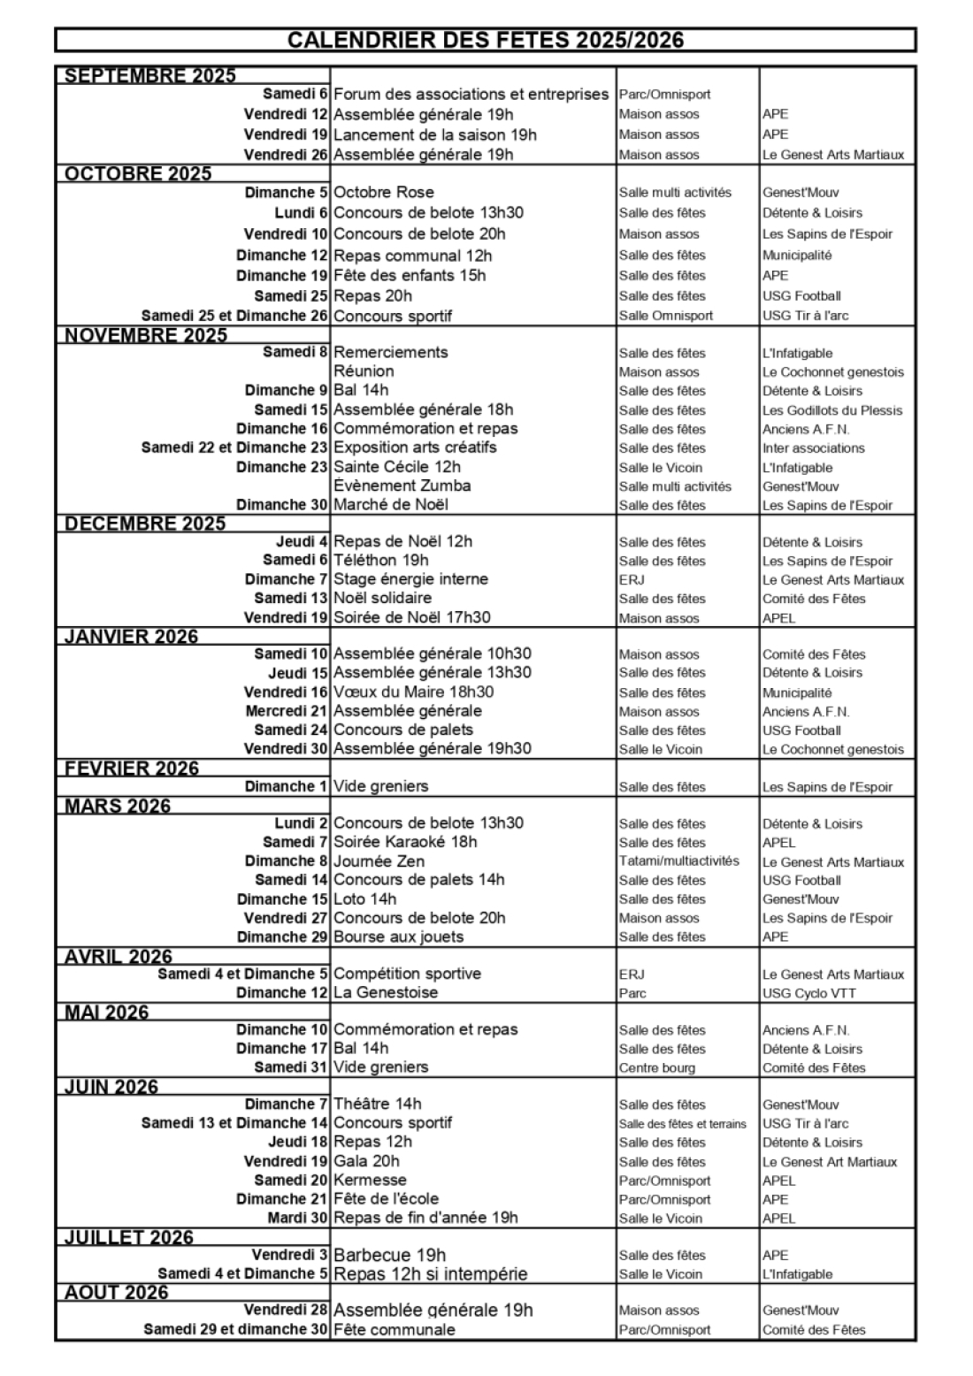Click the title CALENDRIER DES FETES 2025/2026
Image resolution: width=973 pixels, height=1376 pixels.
coord(486,40)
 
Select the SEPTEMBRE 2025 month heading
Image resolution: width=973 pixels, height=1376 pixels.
coord(150,75)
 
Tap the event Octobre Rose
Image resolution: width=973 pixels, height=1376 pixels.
coord(384,192)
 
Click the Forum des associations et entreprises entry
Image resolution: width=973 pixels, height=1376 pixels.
coord(471,94)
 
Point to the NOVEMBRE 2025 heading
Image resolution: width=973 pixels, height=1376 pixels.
coord(146,335)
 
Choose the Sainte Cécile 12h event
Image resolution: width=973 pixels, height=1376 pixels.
coord(397,467)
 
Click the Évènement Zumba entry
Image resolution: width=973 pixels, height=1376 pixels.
coord(402,485)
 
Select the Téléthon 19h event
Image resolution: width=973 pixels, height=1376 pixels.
coord(381,560)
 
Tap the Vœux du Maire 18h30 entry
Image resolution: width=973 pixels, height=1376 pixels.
coord(414,692)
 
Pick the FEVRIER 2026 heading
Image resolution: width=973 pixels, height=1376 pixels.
coord(132,768)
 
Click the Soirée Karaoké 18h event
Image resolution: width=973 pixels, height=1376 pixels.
coord(405,842)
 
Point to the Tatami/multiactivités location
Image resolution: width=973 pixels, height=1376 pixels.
coord(679,861)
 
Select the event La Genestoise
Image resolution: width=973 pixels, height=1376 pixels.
coord(386,992)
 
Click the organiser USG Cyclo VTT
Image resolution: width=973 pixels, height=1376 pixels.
coord(808,993)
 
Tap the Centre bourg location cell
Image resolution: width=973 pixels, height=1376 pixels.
coord(657,1067)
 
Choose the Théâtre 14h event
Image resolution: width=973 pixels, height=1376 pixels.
coord(378,1104)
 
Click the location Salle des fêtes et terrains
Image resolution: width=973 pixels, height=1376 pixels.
coord(683,1124)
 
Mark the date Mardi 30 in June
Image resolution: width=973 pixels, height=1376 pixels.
coord(298,1218)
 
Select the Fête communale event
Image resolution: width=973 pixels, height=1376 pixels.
coord(395,1329)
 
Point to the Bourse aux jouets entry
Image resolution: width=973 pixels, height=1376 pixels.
coord(399,936)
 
